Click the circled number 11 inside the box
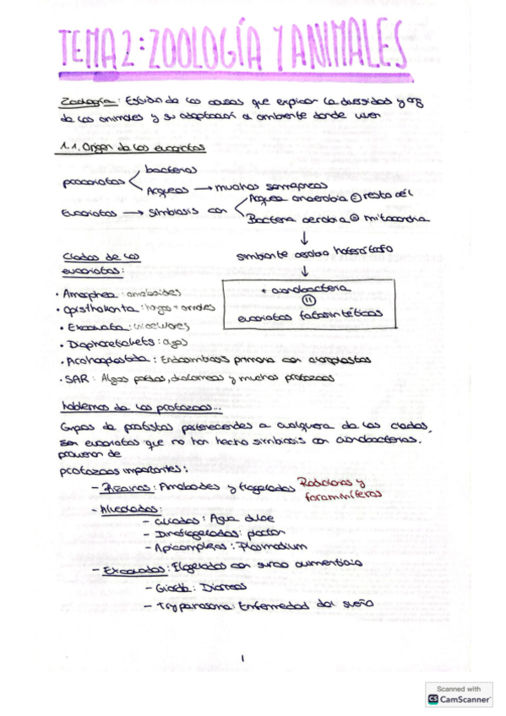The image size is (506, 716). point(308,300)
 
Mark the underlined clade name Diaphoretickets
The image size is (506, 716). point(110,343)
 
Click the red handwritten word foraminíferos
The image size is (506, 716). point(341,496)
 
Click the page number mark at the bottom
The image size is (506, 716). point(242,658)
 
